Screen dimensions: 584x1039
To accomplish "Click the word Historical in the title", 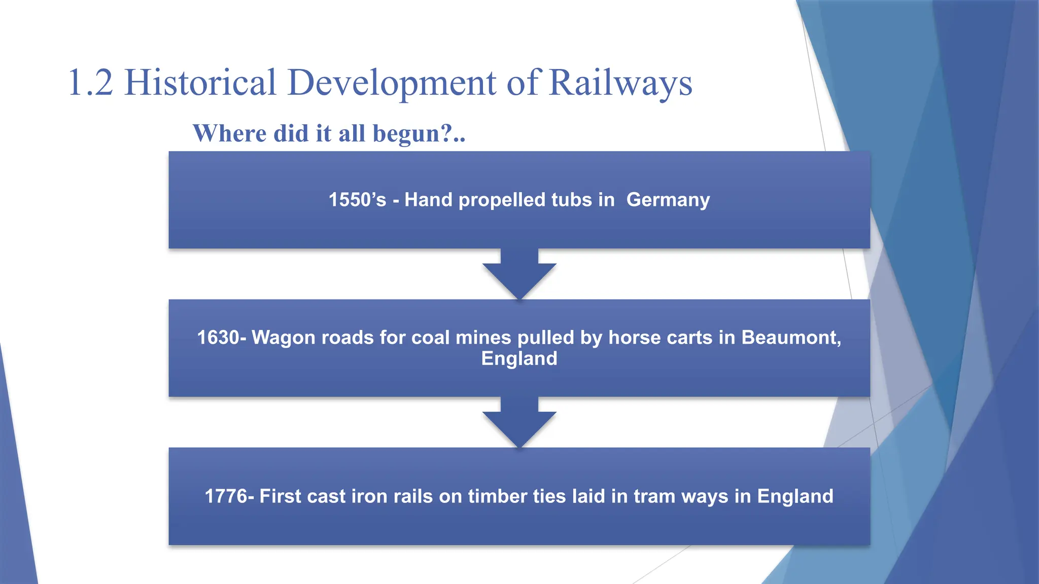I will coord(200,83).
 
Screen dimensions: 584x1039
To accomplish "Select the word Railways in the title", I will coord(620,83).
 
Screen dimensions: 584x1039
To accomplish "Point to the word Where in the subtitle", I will coord(230,134).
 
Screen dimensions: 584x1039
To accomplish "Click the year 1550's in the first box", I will coord(357,200).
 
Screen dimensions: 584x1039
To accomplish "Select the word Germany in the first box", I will coord(668,200).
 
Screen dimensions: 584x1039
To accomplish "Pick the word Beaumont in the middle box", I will coord(790,338).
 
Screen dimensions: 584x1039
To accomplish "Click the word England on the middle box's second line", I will coord(519,359).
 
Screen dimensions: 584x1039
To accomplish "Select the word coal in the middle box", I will coord(430,338).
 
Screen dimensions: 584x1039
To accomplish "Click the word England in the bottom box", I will coord(795,496).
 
